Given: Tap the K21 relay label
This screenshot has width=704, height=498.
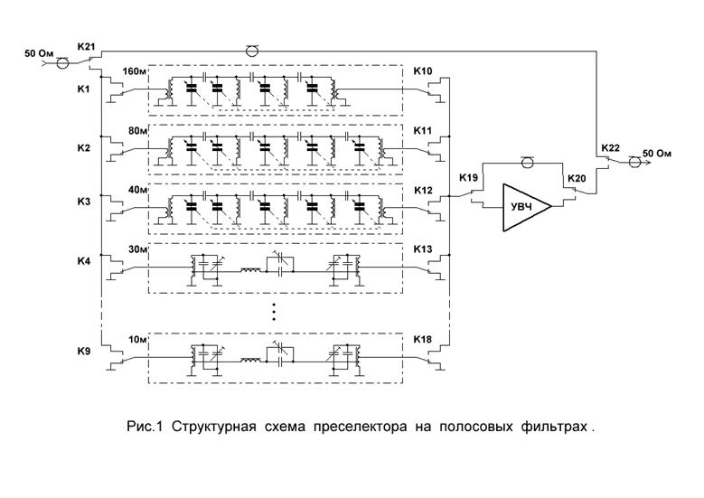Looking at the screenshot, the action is click(x=86, y=46).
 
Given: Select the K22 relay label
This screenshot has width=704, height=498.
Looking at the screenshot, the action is click(x=610, y=147).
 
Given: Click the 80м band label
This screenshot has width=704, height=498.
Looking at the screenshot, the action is click(x=138, y=131).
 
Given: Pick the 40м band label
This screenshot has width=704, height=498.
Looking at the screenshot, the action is click(x=138, y=190).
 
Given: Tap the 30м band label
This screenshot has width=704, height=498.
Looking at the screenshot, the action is click(x=138, y=249).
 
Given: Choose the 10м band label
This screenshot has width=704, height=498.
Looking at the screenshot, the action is click(x=138, y=340).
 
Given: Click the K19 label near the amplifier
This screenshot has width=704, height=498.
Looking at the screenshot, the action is click(x=468, y=177).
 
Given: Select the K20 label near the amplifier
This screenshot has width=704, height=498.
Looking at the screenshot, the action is click(x=577, y=178).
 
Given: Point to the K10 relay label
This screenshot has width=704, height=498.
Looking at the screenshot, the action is click(x=422, y=71).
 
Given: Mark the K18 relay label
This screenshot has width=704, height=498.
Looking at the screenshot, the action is click(x=422, y=339).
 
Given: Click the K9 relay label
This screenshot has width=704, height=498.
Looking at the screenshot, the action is click(x=83, y=351).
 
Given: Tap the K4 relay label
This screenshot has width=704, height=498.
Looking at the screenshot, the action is click(x=83, y=260).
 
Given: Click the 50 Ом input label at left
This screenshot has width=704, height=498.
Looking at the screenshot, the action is click(x=39, y=53).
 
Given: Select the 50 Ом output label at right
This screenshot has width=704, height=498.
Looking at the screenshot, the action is click(x=657, y=153).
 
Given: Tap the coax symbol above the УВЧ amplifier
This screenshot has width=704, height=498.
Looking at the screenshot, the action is click(x=527, y=162).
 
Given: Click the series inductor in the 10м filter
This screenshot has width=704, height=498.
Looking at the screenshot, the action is click(x=251, y=360).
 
